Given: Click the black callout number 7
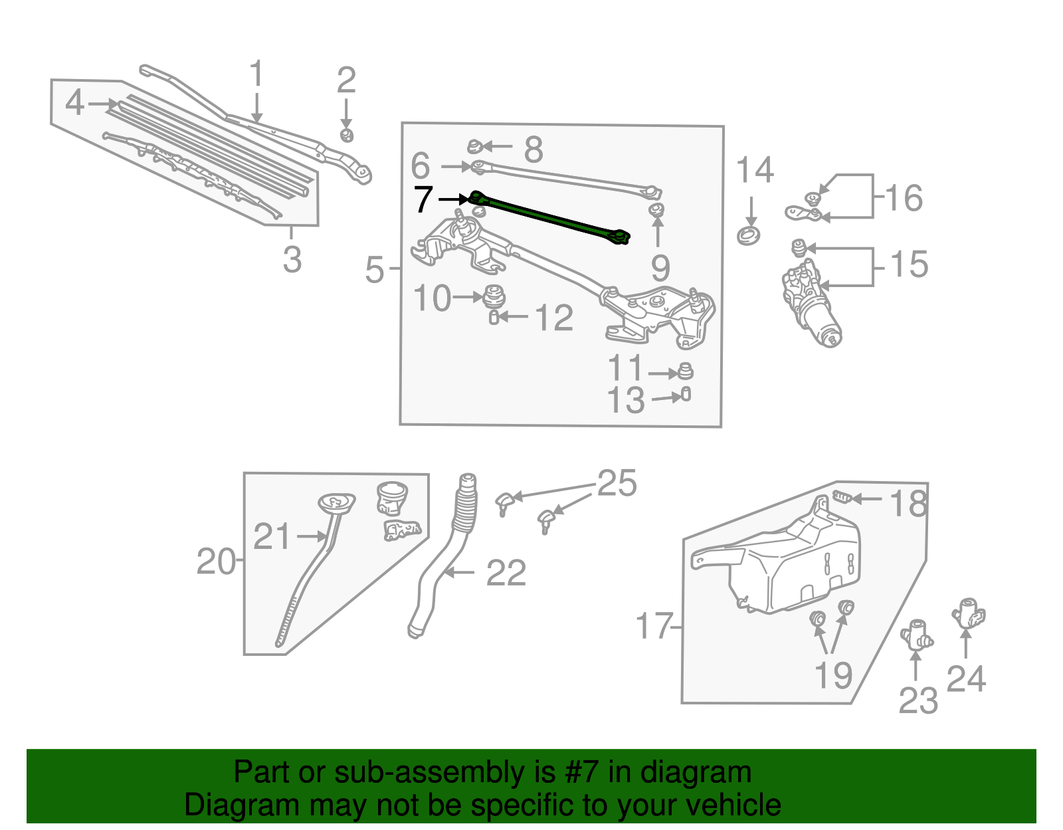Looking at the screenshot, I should click(424, 200).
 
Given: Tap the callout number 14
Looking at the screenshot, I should click(755, 171).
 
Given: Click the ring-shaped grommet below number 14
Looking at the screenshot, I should click(749, 235).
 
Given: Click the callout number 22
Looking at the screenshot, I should click(506, 573).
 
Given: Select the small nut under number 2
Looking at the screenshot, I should click(346, 136).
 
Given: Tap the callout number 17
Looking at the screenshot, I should click(654, 626).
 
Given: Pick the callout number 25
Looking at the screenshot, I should click(617, 484).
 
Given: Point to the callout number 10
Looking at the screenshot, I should click(433, 298).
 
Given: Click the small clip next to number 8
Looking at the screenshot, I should click(474, 146).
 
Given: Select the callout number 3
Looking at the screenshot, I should click(292, 259).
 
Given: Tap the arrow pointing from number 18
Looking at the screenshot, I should click(867, 498).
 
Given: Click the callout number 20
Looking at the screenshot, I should click(216, 562).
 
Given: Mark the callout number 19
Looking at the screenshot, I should click(833, 675).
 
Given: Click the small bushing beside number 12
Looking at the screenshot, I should click(494, 318).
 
